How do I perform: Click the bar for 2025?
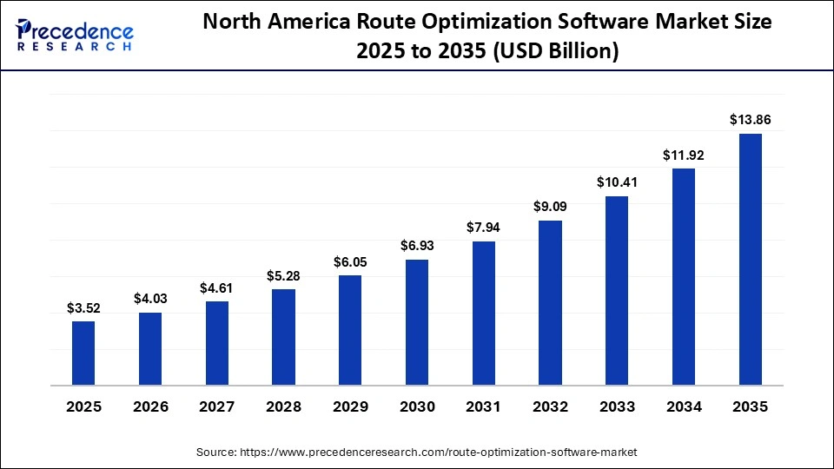(83, 353)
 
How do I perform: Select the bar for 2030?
(417, 322)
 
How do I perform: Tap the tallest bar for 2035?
(751, 259)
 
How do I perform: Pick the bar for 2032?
(550, 302)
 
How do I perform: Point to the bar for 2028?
(283, 337)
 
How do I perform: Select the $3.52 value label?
(83, 307)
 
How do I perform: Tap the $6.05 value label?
(350, 261)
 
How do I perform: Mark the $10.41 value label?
(617, 182)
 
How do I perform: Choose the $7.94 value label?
(484, 228)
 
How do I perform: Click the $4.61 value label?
(217, 287)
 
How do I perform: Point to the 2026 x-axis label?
(150, 406)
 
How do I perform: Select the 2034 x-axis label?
(684, 406)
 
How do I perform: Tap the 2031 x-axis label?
(484, 406)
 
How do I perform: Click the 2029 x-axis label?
(350, 406)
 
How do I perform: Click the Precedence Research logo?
(75, 36)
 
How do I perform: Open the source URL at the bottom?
(417, 452)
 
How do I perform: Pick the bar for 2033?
(617, 290)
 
